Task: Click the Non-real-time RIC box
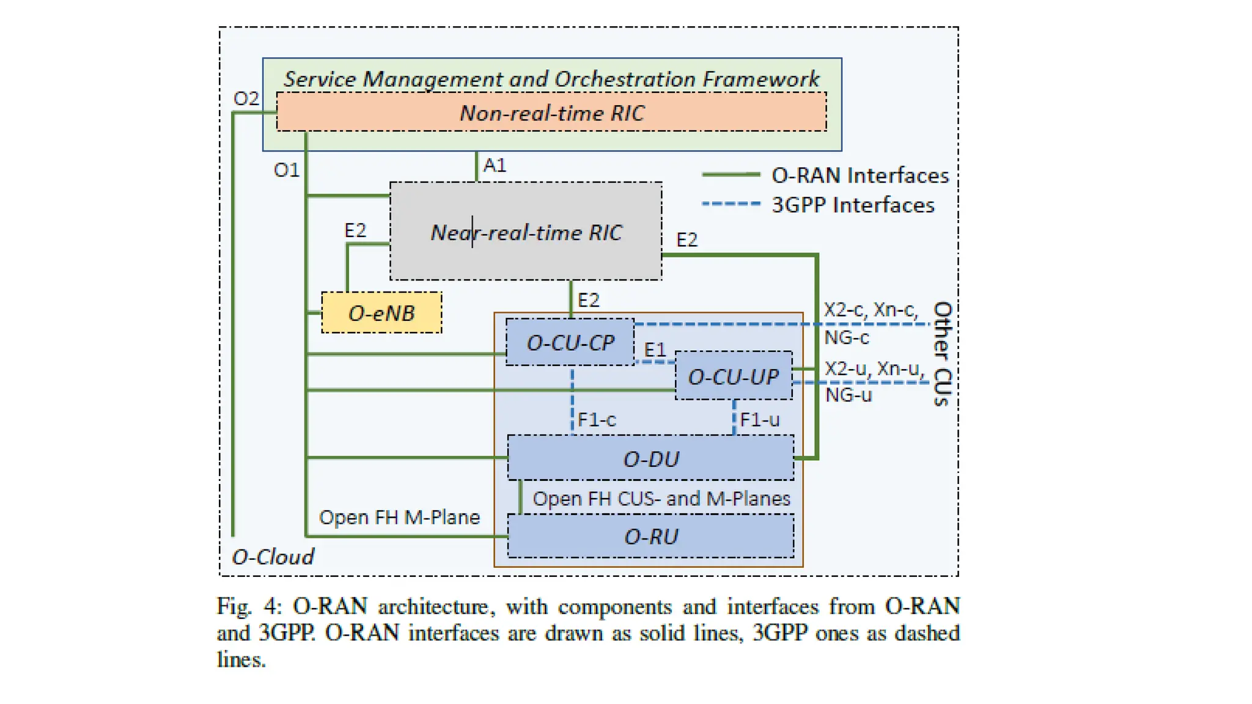(551, 112)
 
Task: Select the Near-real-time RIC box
(526, 232)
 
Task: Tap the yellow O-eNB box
(381, 313)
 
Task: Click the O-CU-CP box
(570, 343)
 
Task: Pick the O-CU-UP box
(733, 376)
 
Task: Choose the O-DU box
(650, 458)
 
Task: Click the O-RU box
(650, 537)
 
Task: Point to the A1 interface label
(495, 165)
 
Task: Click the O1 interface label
(286, 170)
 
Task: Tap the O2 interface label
(246, 98)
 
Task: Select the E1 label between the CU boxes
(655, 350)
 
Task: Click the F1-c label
(597, 420)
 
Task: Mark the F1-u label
(759, 420)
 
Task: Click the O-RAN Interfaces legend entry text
(860, 175)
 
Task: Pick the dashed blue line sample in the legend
(731, 204)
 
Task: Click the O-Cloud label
(273, 557)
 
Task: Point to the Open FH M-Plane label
(399, 517)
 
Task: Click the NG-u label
(848, 395)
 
